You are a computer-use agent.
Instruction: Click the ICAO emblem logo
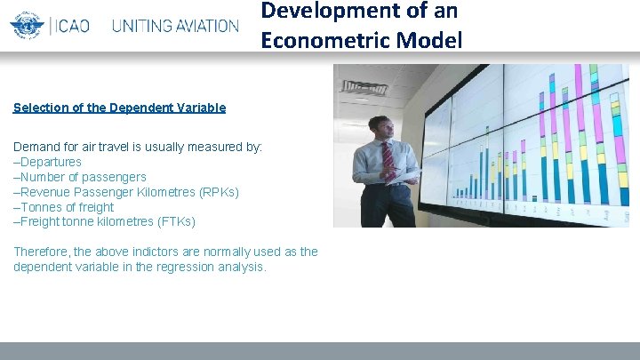click(x=27, y=25)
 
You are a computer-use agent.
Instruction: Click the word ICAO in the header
click(x=73, y=26)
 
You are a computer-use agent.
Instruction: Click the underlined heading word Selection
click(x=41, y=108)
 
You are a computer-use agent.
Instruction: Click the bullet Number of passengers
click(x=83, y=177)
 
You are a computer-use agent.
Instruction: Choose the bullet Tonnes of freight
click(x=67, y=207)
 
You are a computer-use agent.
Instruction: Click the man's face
click(x=380, y=129)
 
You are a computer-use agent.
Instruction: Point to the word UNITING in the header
click(x=142, y=26)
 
